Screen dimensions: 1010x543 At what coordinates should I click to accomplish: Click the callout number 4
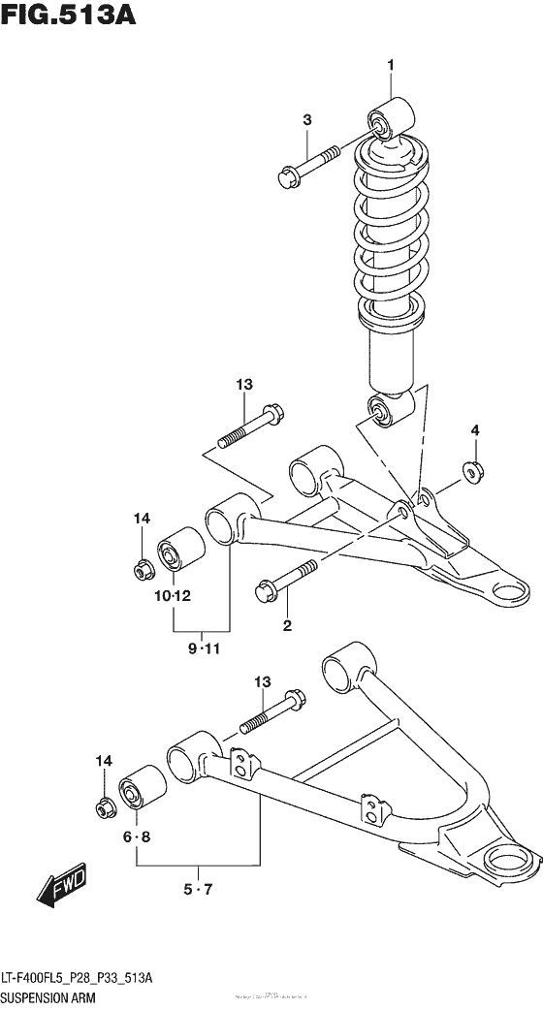(x=475, y=430)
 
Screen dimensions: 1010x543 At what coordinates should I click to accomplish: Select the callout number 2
(x=287, y=625)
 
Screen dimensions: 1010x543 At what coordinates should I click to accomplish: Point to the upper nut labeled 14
(x=142, y=565)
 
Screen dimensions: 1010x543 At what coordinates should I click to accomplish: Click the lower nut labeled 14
(x=103, y=805)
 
